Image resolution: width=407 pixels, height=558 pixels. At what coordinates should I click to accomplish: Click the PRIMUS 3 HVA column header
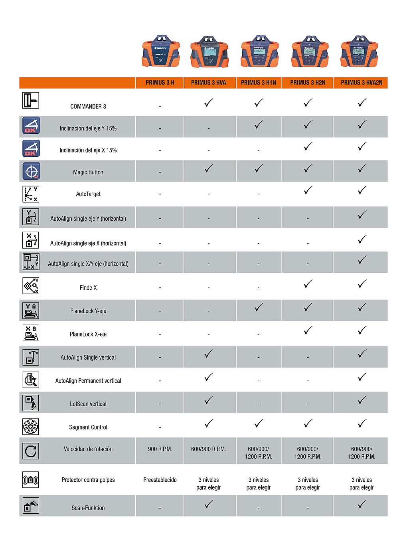208,83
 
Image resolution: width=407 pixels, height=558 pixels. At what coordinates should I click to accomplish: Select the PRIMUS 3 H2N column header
307,83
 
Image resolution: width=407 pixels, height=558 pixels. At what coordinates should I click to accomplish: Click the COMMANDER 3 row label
88,107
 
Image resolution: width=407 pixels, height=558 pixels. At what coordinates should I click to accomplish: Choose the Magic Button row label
88,172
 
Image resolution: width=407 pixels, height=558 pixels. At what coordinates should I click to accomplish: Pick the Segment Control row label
88,427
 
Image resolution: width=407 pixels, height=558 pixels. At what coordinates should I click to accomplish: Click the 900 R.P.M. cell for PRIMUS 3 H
160,449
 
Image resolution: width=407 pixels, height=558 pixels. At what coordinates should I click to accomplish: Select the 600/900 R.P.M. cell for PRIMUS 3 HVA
208,449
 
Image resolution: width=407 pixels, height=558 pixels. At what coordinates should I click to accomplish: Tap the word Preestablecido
160,480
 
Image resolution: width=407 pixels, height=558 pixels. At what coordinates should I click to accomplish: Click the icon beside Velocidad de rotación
31,451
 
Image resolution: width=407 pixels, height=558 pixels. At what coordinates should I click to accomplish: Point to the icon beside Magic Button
31,171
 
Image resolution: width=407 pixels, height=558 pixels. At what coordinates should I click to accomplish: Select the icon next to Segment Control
31,426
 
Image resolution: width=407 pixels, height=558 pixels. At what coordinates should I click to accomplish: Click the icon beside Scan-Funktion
31,506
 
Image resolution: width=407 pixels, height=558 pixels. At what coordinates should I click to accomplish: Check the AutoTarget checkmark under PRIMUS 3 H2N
308,190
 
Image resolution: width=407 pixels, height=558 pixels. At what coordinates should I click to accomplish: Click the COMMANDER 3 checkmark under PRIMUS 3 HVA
209,103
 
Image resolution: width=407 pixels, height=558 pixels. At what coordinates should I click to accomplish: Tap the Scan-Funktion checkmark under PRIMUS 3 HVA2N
362,505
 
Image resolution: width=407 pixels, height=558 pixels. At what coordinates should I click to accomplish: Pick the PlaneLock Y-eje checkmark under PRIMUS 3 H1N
259,307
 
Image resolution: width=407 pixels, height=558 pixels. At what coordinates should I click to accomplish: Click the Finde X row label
88,288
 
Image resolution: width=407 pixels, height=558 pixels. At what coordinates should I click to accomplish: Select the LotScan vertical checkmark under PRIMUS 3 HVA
209,400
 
